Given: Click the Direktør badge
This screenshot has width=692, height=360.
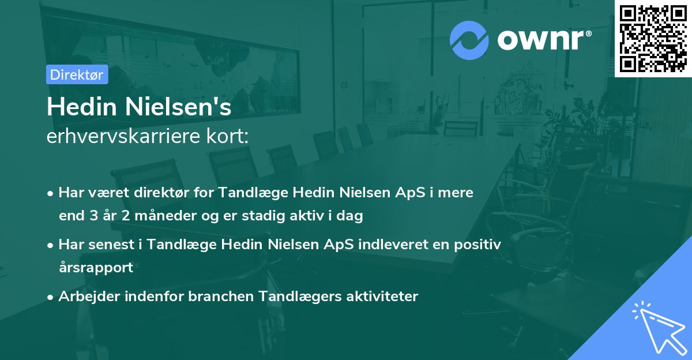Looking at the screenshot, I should tap(77, 74).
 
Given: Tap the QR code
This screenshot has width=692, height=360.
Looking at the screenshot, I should tap(653, 39).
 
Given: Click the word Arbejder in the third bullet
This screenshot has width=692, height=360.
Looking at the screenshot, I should tap(86, 297).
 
